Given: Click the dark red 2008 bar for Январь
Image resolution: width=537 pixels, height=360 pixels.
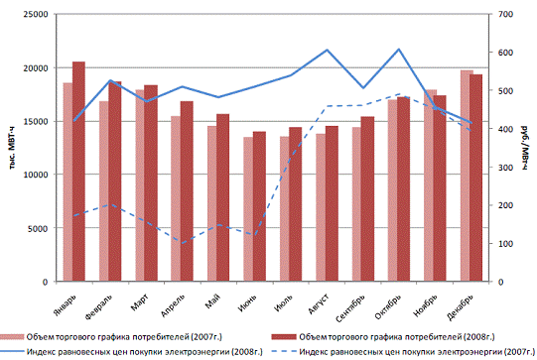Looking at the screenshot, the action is coord(78,172).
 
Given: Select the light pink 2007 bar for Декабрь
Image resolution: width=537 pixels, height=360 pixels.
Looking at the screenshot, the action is coord(467,176).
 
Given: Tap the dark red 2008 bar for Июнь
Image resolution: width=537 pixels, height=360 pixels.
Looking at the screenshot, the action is coord(259,206).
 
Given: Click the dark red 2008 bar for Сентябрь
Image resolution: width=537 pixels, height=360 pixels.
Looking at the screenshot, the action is coord(368,199).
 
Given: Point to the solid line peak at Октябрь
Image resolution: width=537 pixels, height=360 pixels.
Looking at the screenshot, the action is coord(399,49).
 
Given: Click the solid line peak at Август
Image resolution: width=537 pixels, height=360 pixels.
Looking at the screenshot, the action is coord(327,50).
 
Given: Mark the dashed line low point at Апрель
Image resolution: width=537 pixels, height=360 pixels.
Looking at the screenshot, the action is coord(182,243).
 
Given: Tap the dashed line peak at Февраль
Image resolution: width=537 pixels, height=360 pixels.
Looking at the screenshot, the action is coord(110,204).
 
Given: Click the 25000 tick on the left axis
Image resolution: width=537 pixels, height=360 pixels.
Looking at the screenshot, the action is coord(36,14).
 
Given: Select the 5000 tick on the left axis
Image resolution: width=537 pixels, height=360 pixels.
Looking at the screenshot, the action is coord(38,228).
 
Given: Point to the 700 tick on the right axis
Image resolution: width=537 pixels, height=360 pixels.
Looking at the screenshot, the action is coord(505,14).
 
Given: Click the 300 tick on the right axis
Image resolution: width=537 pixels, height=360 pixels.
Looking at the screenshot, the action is coord(505,168).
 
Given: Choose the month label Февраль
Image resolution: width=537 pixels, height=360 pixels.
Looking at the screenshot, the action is coord(99,306).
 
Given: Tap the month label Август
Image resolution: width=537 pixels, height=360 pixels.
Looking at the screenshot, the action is coord(319,303).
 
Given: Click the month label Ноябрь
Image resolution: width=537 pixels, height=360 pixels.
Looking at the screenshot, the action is coord(426,304).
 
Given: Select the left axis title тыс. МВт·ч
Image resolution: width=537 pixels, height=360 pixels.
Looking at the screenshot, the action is coord(12,148).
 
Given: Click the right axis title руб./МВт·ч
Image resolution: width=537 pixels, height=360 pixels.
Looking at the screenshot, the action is coord(525,148).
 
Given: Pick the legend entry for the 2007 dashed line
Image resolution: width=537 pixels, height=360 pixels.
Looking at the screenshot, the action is coord(403,351).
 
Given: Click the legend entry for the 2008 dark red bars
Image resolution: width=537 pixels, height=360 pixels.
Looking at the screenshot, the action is coord(383,337).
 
